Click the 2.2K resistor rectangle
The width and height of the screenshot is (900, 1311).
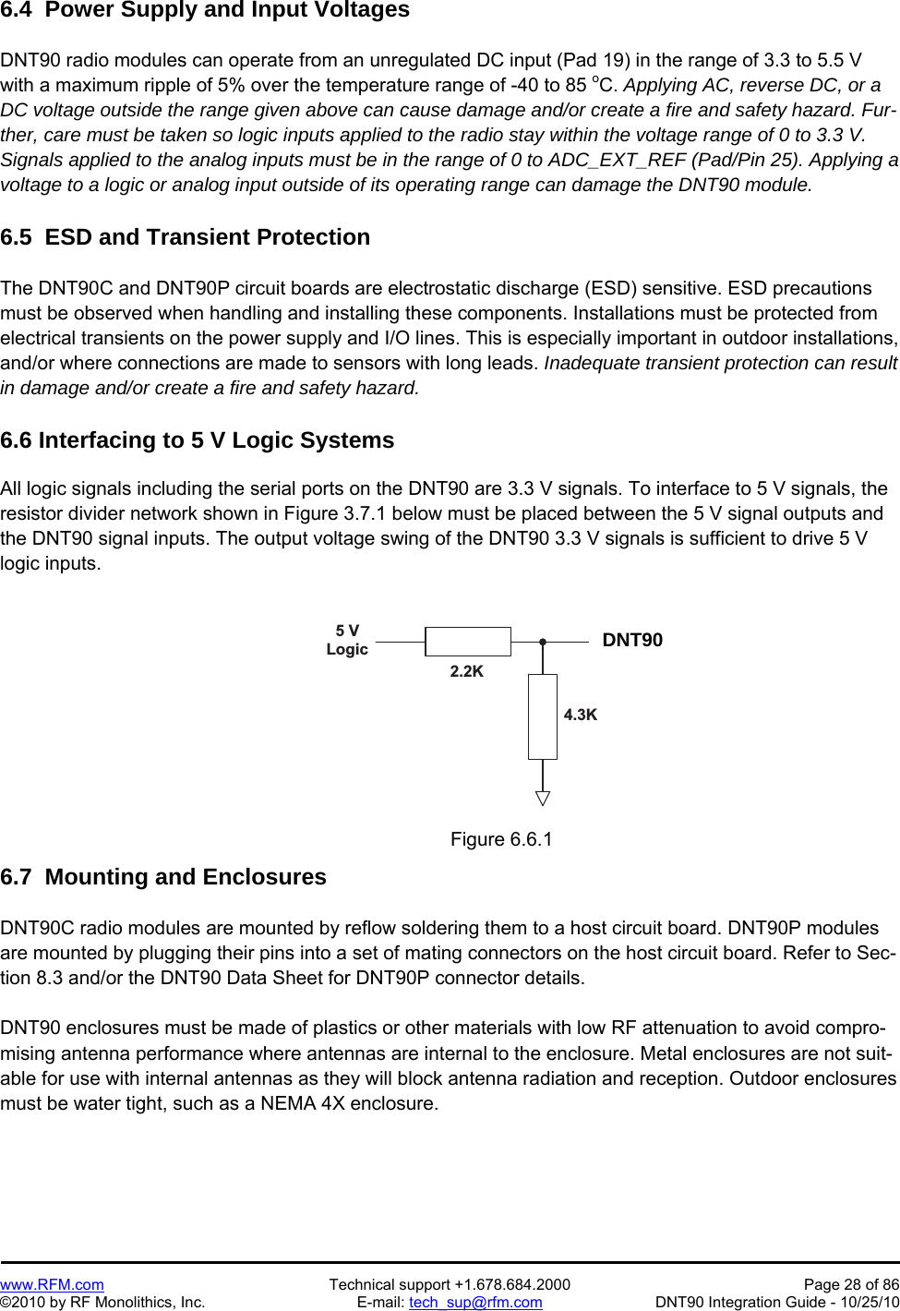click(467, 641)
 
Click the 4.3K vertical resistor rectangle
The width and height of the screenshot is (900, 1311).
click(543, 716)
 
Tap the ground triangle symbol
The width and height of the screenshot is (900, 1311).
click(543, 799)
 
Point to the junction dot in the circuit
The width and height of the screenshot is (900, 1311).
click(543, 641)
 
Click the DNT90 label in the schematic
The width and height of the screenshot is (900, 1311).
click(632, 640)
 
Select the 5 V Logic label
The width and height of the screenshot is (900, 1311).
click(347, 640)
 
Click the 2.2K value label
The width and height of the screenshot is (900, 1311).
click(467, 671)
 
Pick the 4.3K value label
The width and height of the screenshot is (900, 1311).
click(581, 715)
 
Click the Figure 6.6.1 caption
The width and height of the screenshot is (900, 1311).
click(501, 839)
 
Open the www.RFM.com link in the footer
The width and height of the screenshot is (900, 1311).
click(52, 1284)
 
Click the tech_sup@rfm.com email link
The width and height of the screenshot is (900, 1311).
click(475, 1302)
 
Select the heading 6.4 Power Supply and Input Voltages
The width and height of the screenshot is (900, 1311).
click(205, 10)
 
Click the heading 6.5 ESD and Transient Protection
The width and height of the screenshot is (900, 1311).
click(186, 237)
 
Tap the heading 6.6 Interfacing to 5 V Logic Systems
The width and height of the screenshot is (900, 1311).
click(198, 440)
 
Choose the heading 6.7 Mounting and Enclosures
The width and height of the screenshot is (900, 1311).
click(163, 877)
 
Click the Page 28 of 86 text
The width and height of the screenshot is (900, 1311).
click(851, 1284)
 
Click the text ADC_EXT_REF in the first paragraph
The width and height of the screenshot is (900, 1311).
click(617, 160)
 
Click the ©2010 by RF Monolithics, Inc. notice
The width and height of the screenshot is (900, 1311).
click(102, 1302)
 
